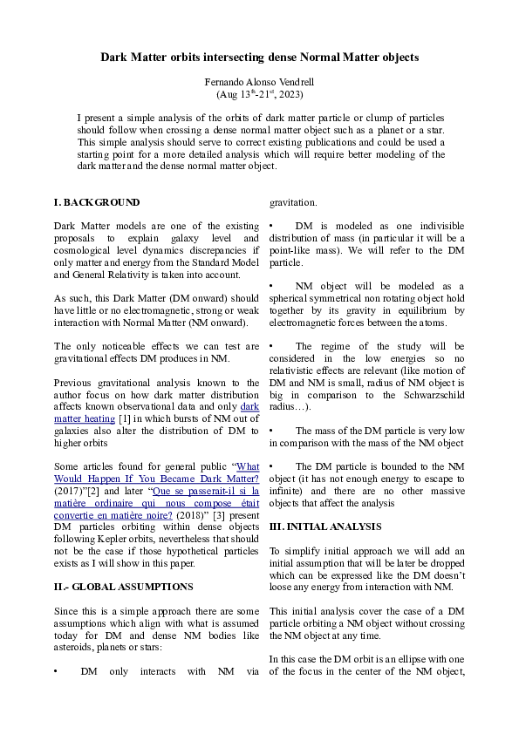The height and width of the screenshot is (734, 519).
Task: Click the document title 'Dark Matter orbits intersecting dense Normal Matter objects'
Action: [x=259, y=58]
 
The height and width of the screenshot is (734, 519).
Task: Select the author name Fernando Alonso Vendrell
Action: [x=259, y=81]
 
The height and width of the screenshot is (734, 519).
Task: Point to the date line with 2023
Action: [x=259, y=92]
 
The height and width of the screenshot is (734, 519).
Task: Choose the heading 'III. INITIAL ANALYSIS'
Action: [x=325, y=527]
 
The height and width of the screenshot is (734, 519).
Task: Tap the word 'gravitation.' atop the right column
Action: [x=293, y=202]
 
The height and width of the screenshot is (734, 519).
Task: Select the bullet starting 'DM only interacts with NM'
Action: [x=157, y=671]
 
